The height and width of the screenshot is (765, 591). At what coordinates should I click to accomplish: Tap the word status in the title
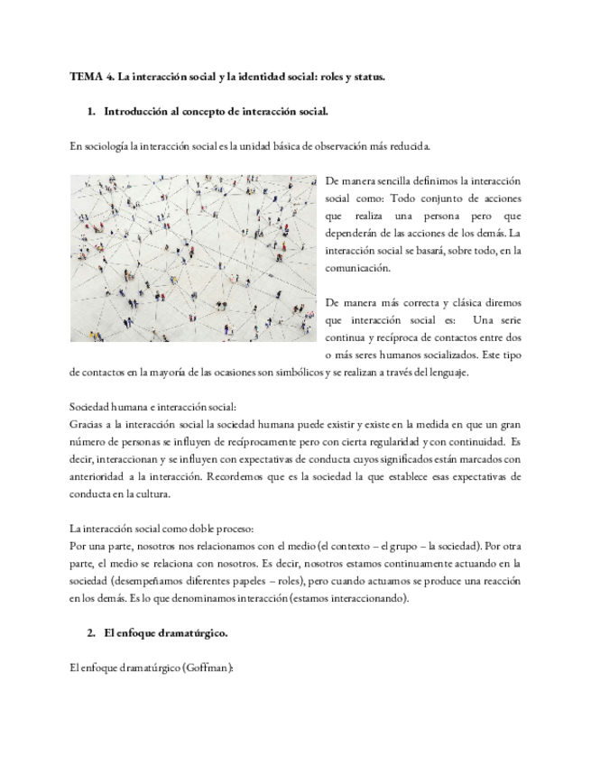[x=365, y=77]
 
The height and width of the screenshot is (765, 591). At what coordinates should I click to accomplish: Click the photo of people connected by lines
[x=193, y=258]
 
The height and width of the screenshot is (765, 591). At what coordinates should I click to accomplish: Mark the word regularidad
[x=385, y=441]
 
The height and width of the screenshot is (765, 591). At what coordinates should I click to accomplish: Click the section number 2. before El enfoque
[x=92, y=633]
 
